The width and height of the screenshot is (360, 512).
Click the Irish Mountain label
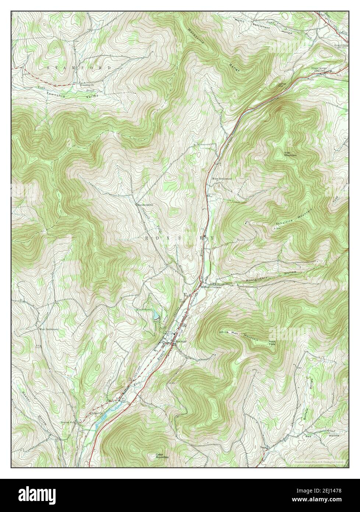pyautogui.click(x=290, y=154)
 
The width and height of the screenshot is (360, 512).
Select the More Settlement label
pyautogui.click(x=222, y=179)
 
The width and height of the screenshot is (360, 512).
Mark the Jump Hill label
pyautogui.click(x=282, y=85)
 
